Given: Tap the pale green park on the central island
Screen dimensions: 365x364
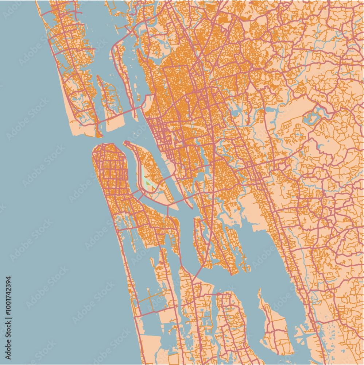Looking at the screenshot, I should pyautogui.click(x=148, y=182).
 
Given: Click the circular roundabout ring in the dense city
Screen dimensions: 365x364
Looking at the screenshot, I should pyautogui.click(x=187, y=100).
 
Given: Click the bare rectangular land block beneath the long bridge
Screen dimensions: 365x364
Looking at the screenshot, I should pyautogui.click(x=115, y=124).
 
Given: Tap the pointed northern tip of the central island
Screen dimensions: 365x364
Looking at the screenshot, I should pyautogui.click(x=126, y=143).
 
